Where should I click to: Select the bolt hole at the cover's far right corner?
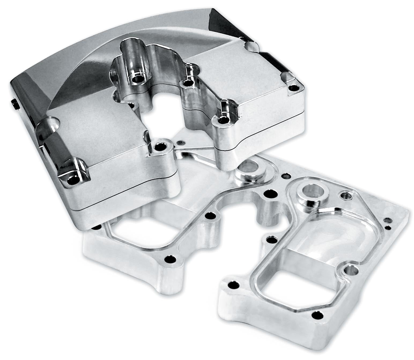tap(295, 88)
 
